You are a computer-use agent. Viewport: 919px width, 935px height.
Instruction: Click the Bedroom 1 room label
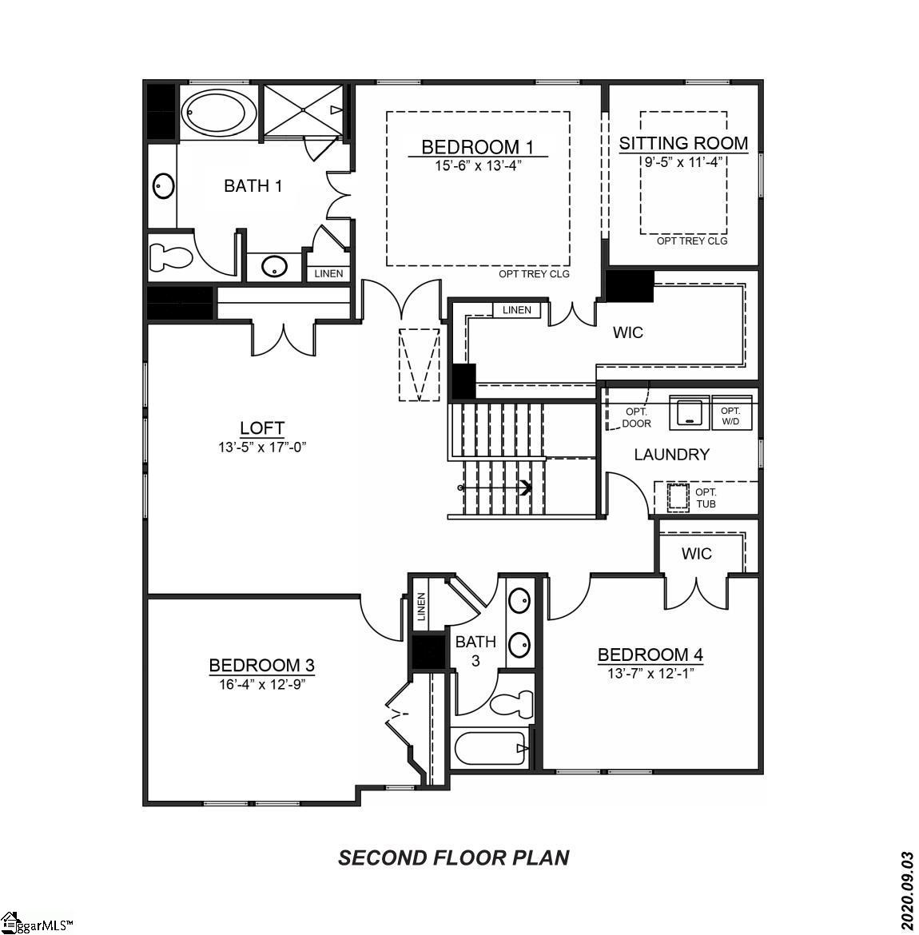[x=477, y=147]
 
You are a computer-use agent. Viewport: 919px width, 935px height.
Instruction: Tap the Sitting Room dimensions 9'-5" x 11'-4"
[x=683, y=161]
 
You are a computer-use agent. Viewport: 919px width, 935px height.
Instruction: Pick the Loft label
[x=262, y=428]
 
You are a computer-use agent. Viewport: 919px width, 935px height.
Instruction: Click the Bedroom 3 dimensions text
[x=262, y=684]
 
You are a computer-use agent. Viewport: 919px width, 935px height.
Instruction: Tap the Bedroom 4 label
[x=650, y=655]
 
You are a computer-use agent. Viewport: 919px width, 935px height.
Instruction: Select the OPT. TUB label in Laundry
[x=706, y=498]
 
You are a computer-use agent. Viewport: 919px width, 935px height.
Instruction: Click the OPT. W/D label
[x=730, y=415]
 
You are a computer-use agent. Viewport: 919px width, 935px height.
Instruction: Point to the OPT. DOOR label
[x=637, y=417]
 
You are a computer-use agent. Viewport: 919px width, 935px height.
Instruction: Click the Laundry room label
[x=671, y=455]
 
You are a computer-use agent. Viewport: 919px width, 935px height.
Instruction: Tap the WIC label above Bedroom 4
[x=696, y=554]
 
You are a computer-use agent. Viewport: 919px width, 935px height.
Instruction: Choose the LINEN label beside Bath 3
[x=421, y=610]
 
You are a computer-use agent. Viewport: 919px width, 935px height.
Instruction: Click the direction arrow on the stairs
[x=525, y=487]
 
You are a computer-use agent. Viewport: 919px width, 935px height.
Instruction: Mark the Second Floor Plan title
[x=454, y=858]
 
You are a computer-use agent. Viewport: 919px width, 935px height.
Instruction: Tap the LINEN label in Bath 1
[x=328, y=273]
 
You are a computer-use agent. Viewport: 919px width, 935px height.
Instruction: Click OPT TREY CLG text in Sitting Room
[x=692, y=241]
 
